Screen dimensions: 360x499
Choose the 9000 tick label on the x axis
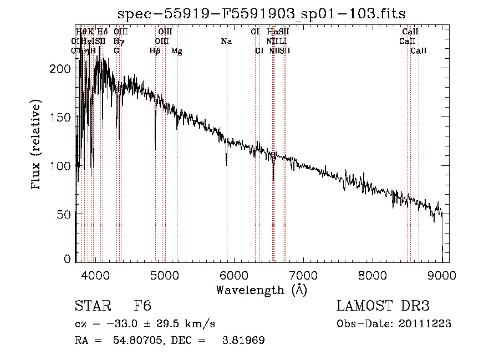[442, 276]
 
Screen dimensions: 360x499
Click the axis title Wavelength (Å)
[261, 290]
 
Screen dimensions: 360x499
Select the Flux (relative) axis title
[37, 145]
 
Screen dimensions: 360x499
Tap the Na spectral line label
[226, 41]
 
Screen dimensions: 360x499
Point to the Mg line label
[176, 51]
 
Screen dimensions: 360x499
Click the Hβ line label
[155, 51]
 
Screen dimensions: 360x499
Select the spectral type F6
[142, 306]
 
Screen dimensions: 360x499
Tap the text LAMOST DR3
[383, 306]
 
